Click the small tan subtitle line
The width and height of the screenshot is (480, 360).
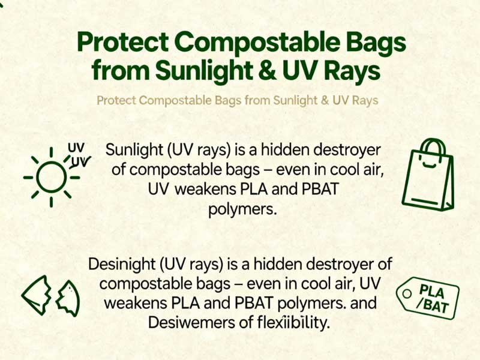(238, 100)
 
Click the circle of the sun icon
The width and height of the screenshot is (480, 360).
(51, 177)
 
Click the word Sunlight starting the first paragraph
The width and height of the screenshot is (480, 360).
(133, 150)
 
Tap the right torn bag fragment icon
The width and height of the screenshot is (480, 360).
(68, 296)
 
